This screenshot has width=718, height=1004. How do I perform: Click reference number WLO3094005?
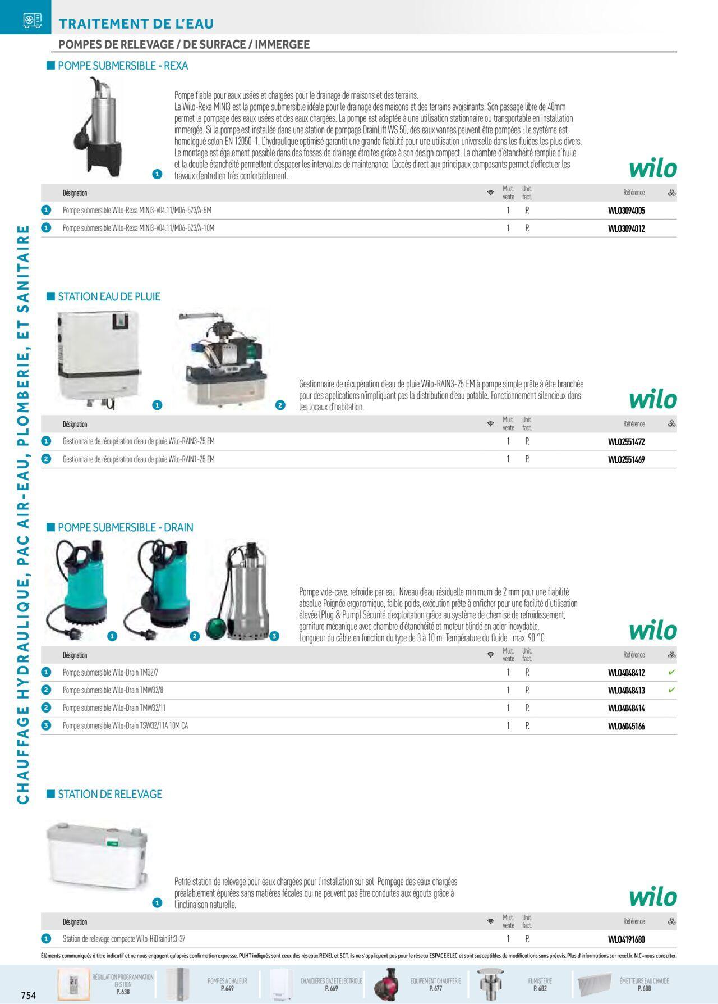click(627, 211)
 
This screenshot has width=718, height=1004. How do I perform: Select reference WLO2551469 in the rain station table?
click(627, 460)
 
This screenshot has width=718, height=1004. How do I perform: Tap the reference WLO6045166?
click(627, 727)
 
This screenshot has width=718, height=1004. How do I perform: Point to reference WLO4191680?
click(627, 939)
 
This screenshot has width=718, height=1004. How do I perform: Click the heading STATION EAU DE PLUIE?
click(109, 296)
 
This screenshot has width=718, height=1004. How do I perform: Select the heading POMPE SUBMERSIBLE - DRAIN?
click(126, 528)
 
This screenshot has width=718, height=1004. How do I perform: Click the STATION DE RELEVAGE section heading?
click(110, 794)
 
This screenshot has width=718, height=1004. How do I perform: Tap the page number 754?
click(29, 996)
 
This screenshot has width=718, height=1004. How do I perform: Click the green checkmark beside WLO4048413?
click(672, 690)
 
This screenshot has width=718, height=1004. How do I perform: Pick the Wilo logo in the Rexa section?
click(653, 168)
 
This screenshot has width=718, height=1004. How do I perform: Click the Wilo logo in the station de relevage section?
click(653, 897)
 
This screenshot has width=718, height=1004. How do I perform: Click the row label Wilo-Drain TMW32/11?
click(114, 708)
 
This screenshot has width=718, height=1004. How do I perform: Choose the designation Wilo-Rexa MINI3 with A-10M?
click(139, 228)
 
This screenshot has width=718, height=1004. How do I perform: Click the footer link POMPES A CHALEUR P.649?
click(227, 984)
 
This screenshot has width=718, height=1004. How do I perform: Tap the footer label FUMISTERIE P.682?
click(540, 984)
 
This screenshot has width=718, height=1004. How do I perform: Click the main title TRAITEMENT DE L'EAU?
click(136, 24)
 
